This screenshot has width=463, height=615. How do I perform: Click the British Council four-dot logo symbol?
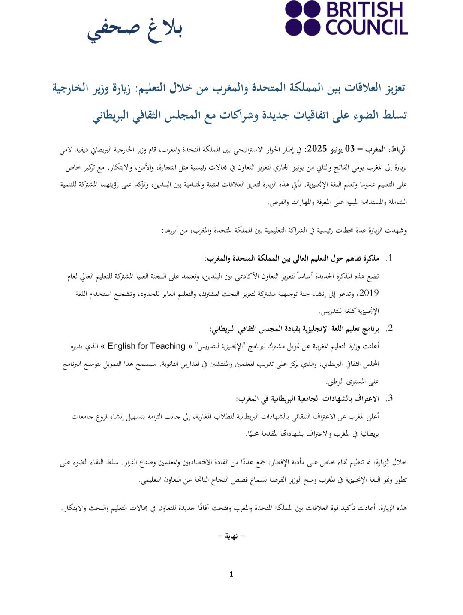303,18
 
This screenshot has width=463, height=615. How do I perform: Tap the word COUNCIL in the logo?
367,27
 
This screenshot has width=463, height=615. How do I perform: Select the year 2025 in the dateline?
317,149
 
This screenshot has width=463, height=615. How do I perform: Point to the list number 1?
390,258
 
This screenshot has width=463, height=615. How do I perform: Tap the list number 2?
390,329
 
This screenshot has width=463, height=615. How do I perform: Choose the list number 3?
390,399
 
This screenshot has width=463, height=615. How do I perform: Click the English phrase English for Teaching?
146,346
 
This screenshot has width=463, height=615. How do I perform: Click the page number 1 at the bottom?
231,574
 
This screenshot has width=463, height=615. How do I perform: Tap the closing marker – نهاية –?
231,536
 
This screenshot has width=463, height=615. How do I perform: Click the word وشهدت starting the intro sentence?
397,231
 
